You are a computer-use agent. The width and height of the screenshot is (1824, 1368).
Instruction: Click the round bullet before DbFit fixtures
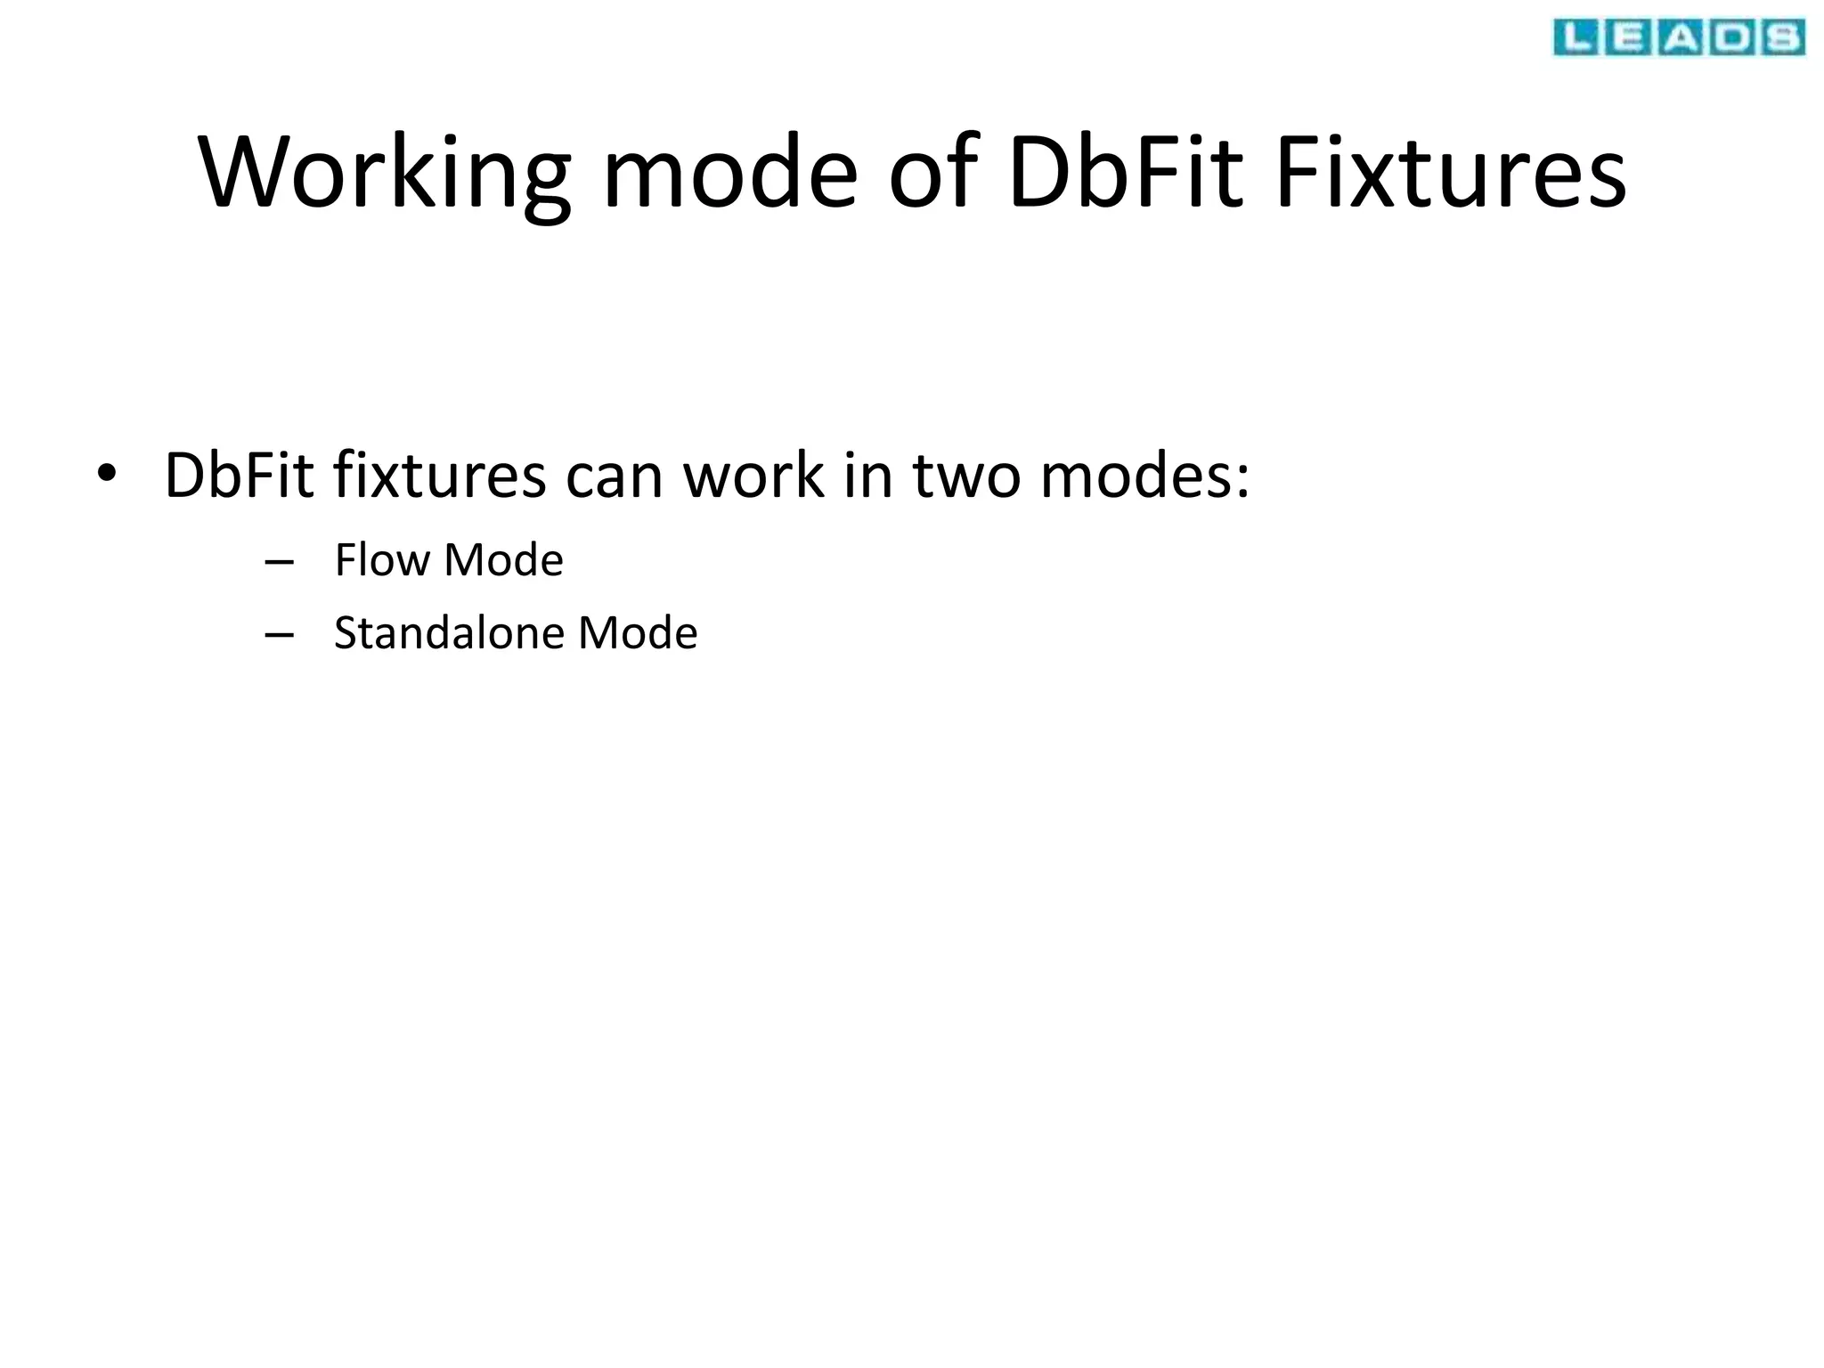coord(107,476)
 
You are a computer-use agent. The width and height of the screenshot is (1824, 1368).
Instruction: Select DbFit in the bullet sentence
coord(239,476)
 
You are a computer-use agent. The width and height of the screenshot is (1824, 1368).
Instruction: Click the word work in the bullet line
coord(753,476)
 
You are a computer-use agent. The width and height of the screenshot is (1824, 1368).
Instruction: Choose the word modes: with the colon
coord(1145,476)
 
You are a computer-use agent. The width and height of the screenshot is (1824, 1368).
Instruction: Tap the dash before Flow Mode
coord(280,562)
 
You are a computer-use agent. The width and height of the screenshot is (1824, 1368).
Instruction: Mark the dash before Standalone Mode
coord(280,635)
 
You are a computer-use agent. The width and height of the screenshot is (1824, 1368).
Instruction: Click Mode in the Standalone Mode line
coord(638,633)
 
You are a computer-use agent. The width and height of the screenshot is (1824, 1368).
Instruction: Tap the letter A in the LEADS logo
coord(1680,38)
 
